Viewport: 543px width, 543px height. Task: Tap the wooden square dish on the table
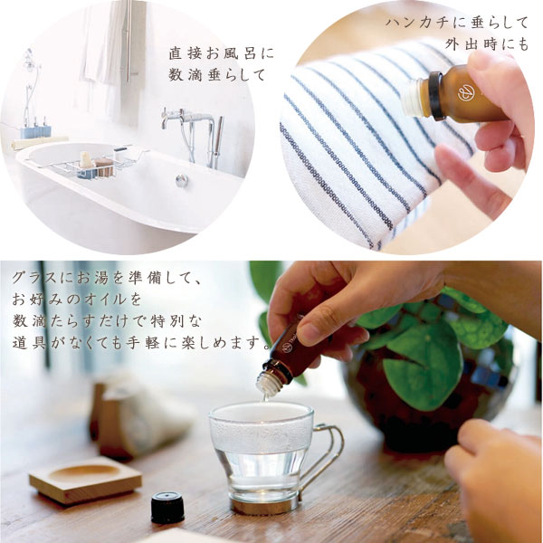click(x=85, y=479)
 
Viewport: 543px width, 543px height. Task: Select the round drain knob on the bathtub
click(x=182, y=180)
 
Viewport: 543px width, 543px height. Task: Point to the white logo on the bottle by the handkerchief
click(x=466, y=93)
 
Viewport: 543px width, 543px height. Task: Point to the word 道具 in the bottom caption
click(x=29, y=343)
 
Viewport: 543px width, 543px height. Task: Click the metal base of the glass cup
click(x=265, y=505)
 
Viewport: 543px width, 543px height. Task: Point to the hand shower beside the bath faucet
click(x=218, y=142)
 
